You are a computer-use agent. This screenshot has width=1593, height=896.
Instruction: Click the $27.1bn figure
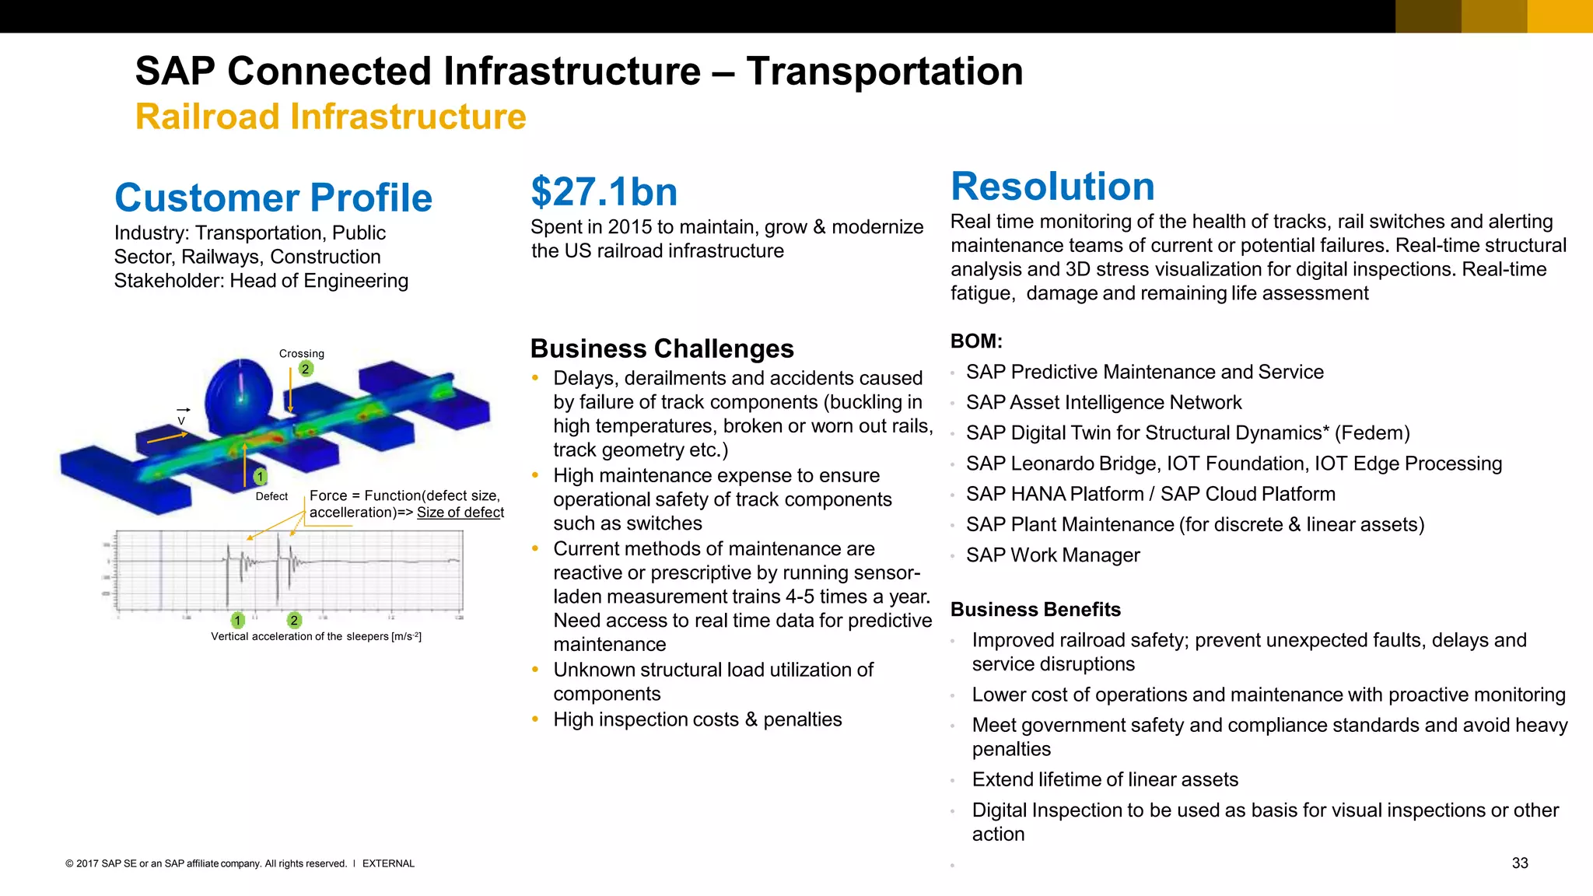point(604,192)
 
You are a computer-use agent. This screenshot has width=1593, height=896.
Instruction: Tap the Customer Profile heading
point(273,198)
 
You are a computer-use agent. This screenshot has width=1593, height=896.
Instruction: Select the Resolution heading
point(1052,187)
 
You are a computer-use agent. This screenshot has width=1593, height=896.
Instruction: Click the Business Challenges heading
point(661,348)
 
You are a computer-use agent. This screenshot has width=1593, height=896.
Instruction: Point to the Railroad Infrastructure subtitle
point(331,117)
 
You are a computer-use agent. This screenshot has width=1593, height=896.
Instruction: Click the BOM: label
point(976,341)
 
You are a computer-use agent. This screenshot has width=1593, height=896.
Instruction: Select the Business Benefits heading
point(1035,609)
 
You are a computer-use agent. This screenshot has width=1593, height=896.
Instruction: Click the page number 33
point(1520,863)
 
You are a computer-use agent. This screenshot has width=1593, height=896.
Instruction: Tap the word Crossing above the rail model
point(302,353)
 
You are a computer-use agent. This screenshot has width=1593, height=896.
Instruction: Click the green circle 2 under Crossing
point(306,369)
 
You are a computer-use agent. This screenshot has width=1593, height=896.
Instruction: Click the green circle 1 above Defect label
point(260,477)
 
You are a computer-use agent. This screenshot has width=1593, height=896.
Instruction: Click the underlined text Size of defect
point(460,513)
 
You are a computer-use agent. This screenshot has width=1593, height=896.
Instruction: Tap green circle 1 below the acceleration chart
point(238,621)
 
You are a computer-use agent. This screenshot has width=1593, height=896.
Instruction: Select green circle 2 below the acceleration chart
point(294,621)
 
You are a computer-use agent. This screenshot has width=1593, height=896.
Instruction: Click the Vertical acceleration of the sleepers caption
point(316,636)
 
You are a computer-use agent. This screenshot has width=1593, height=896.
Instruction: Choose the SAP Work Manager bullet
point(1052,555)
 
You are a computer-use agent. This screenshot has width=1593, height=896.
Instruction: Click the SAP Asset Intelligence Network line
point(1103,402)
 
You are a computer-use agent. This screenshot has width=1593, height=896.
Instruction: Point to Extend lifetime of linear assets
point(1105,779)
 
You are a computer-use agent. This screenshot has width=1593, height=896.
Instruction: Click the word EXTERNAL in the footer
point(388,863)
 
